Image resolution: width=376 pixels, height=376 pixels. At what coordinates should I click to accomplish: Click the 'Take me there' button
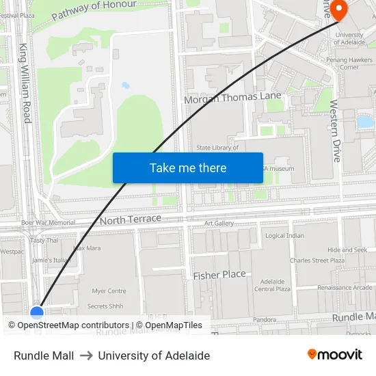pyautogui.click(x=188, y=167)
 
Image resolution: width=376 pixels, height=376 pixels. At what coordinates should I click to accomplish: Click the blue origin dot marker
pyautogui.click(x=37, y=312)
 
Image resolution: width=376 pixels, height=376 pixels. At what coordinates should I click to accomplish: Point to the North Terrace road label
pyautogui.click(x=131, y=219)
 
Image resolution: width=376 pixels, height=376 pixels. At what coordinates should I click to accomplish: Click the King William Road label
pyautogui.click(x=26, y=84)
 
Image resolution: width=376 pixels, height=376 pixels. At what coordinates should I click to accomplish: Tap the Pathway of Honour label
pyautogui.click(x=94, y=9)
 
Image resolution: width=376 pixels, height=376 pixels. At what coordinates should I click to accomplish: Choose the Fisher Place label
pyautogui.click(x=219, y=274)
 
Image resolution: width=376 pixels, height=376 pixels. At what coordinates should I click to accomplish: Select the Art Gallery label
pyautogui.click(x=219, y=224)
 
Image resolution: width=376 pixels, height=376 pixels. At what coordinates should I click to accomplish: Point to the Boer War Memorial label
pyautogui.click(x=48, y=223)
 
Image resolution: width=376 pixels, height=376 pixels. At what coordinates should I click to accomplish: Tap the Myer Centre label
pyautogui.click(x=109, y=291)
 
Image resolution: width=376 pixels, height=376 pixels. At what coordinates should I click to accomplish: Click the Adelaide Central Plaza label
pyautogui.click(x=273, y=285)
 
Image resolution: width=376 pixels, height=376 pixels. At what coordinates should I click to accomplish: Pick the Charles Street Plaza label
pyautogui.click(x=317, y=260)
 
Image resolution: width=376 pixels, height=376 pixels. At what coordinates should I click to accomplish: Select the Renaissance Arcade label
pyautogui.click(x=344, y=288)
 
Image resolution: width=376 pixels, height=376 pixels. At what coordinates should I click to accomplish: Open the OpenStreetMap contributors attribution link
pyautogui.click(x=68, y=325)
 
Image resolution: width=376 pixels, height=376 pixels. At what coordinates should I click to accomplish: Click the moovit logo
pyautogui.click(x=335, y=355)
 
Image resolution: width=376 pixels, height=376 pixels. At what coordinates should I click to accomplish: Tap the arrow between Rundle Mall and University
pyautogui.click(x=86, y=355)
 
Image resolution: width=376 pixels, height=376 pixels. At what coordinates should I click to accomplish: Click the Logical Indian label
pyautogui.click(x=284, y=236)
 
